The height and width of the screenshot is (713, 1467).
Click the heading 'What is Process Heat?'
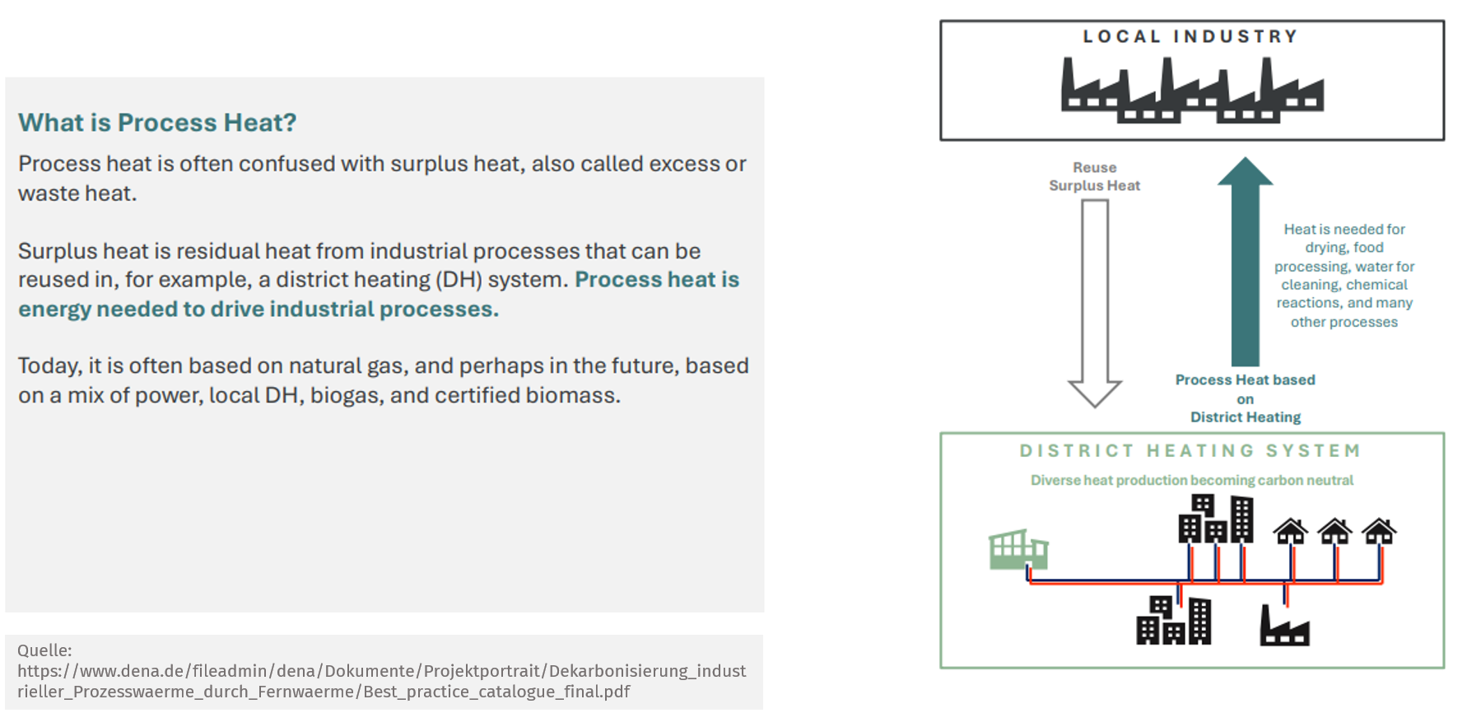(157, 123)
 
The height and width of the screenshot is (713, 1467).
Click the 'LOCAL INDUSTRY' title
(1190, 36)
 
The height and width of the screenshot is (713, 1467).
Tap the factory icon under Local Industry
(1193, 90)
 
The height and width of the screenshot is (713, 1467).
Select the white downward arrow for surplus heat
(1095, 303)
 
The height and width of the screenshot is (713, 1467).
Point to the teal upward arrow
(1246, 262)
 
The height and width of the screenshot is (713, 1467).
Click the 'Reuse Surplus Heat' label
(1095, 176)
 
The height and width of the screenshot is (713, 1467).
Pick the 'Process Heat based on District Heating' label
(1246, 398)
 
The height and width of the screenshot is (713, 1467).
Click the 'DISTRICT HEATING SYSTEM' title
(1190, 451)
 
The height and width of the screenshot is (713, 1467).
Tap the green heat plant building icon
(1018, 549)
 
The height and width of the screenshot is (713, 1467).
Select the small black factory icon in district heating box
(1284, 626)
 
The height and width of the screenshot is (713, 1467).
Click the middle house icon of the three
(1334, 532)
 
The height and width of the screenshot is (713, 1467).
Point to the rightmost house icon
(1379, 532)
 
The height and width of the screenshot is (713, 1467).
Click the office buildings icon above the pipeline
(1216, 519)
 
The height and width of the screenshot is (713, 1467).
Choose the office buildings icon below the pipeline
(1174, 620)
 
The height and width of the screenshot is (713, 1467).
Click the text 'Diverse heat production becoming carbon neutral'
(1192, 480)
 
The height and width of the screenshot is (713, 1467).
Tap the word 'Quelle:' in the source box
(44, 650)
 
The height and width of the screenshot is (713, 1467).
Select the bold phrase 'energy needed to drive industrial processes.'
(258, 310)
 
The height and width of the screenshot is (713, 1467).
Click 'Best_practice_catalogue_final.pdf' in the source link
(497, 692)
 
